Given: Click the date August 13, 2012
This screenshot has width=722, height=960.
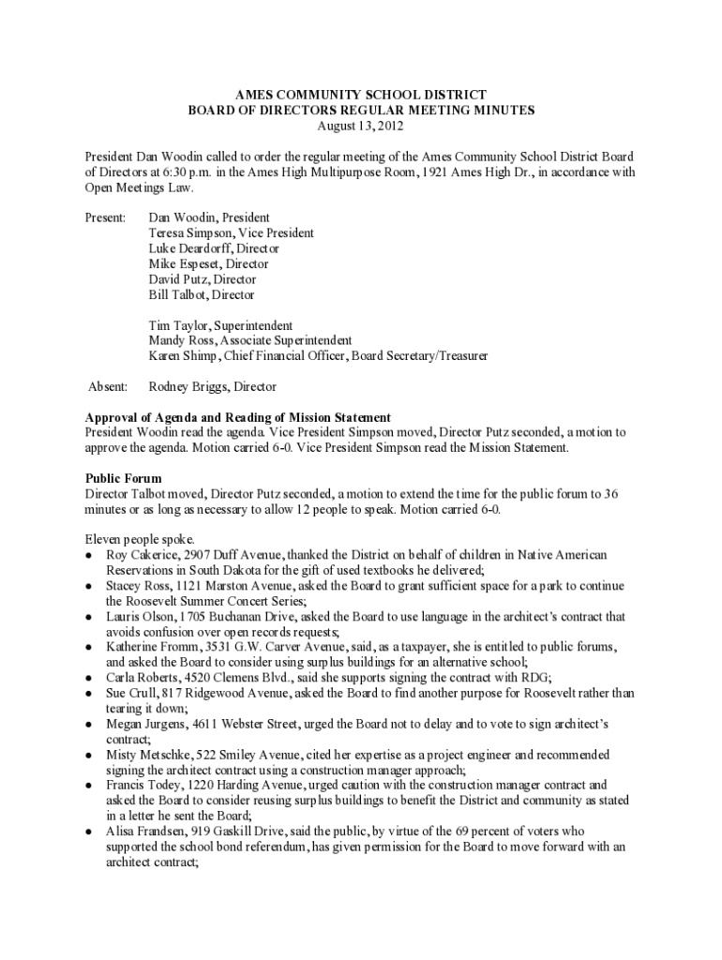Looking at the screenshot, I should tap(361, 126).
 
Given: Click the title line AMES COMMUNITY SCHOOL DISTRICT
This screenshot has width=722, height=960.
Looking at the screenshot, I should tap(361, 95).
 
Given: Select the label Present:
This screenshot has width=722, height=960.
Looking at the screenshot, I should tap(105, 217).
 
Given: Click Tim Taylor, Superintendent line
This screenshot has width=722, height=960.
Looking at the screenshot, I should tap(220, 325).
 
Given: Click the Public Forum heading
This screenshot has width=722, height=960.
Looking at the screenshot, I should tap(123, 478).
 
